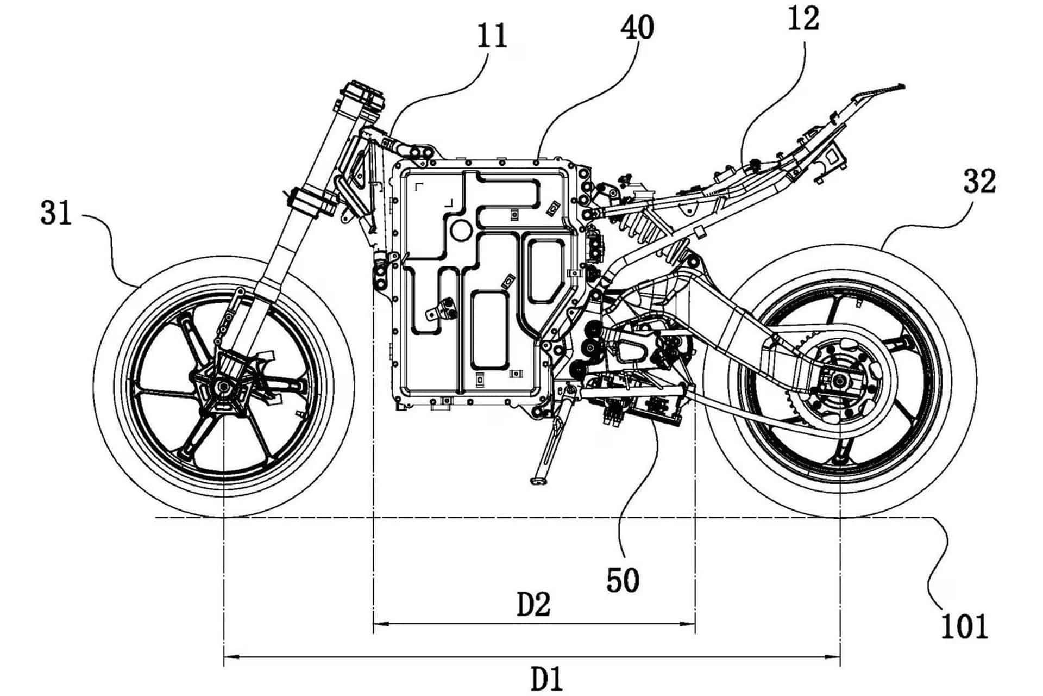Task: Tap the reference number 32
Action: (x=979, y=182)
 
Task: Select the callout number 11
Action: (x=492, y=36)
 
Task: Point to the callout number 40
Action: (x=638, y=28)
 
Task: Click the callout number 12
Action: (x=803, y=20)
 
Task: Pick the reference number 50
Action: (x=623, y=580)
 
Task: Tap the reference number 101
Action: (x=964, y=627)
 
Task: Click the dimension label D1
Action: (x=546, y=679)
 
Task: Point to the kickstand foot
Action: (x=538, y=481)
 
